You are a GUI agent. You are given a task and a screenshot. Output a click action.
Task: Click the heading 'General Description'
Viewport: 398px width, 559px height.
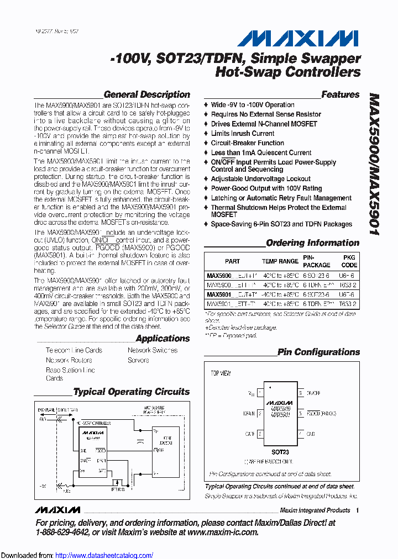146,94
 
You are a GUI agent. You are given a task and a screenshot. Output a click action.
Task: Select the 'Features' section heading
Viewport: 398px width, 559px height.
340,94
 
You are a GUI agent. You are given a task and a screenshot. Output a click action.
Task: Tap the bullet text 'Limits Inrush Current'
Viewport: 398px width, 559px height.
242,133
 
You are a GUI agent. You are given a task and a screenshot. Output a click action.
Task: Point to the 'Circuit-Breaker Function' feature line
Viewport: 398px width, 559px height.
247,143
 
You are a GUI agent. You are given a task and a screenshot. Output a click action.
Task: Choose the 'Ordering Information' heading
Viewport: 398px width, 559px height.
312,242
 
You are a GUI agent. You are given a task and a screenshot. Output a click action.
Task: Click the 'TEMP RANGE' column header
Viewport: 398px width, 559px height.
280,261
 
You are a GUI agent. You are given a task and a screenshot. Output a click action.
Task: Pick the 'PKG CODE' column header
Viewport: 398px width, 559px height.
349,261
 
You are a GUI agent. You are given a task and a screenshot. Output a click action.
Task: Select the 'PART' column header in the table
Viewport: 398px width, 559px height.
232,261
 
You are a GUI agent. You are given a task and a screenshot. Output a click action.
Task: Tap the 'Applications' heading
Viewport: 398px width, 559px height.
163,338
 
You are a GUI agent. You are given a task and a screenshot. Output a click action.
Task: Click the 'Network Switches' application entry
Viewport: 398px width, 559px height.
153,350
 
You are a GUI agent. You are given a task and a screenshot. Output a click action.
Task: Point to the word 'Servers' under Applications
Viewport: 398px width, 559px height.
138,360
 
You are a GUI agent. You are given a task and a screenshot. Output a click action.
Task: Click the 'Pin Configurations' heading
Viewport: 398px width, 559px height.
318,352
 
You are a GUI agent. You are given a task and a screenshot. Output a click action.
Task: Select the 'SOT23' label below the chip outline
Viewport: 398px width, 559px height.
280,452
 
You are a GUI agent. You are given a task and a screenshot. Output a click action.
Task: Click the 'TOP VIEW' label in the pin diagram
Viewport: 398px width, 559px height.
221,373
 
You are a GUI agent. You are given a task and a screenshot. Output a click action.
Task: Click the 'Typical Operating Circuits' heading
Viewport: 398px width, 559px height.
131,392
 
